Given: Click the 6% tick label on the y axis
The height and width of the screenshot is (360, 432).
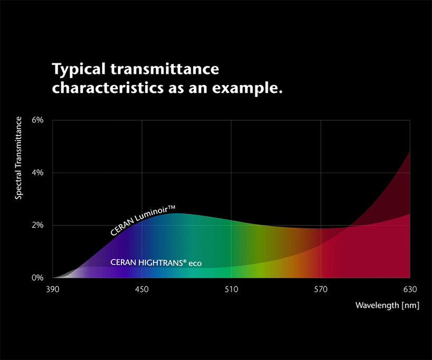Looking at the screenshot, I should tap(37, 120).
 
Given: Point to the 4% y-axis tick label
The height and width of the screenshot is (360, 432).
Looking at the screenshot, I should tap(37, 173).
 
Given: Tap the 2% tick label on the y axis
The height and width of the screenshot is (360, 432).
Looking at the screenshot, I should tap(37, 225).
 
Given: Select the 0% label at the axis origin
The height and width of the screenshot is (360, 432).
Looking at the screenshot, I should tap(37, 278).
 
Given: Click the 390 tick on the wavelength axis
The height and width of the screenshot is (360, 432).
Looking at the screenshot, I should tap(52, 289).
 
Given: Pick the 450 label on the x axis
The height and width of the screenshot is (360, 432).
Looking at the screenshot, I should tap(142, 289).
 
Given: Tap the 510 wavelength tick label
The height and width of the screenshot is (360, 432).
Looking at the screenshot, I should tap(231, 289).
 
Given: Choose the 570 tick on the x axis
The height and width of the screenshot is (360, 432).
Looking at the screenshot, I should tap(321, 289).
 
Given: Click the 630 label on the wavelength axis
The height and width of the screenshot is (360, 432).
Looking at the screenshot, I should tap(410, 289).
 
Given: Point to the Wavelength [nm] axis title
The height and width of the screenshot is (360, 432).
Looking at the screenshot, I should tap(387, 306).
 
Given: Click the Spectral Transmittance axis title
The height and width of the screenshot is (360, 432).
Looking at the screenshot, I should tap(19, 158).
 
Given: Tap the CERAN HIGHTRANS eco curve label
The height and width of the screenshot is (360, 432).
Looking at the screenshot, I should tap(156, 262).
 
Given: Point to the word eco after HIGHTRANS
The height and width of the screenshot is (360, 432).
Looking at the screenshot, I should tap(195, 262).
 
